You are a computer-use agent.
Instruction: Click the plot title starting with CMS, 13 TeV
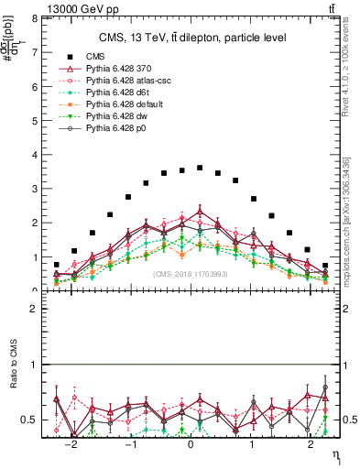(x=193, y=38)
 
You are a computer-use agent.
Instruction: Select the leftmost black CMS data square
(x=57, y=265)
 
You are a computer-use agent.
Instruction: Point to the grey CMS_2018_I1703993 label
(x=191, y=273)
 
